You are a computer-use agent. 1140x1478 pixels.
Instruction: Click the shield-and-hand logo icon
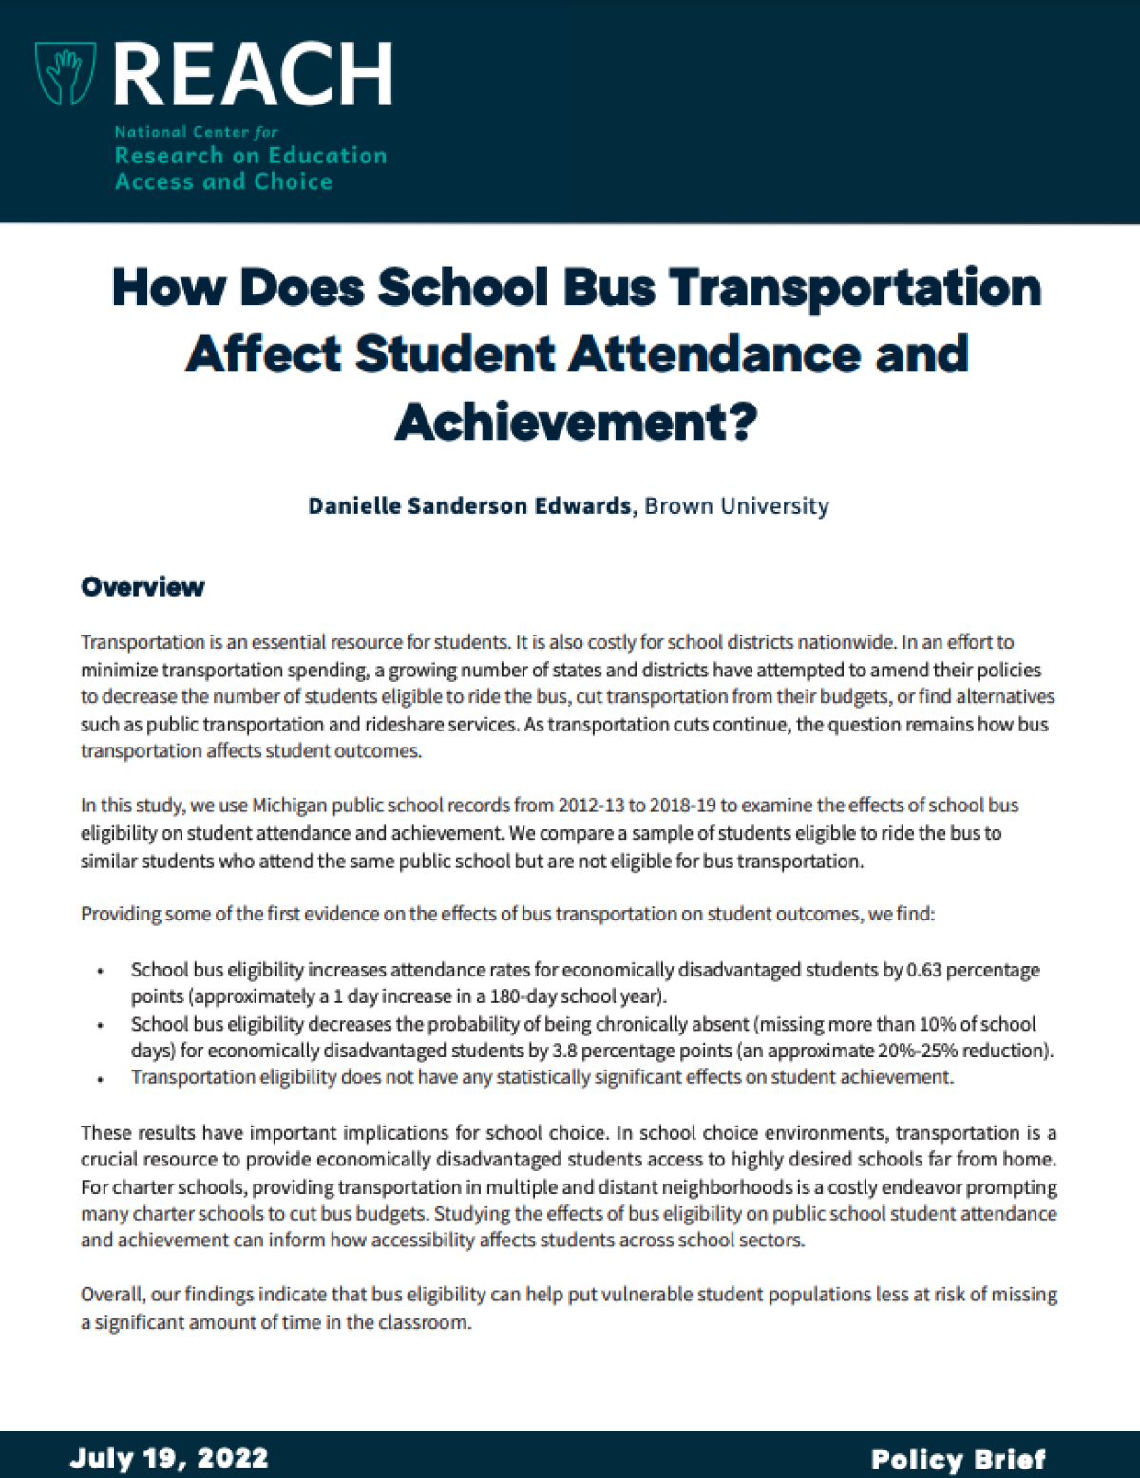pyautogui.click(x=65, y=72)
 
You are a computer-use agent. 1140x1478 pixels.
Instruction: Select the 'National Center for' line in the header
pyautogui.click(x=196, y=132)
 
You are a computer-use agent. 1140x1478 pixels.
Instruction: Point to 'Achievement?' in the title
pyautogui.click(x=576, y=422)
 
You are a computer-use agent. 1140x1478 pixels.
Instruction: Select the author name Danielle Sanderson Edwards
pyautogui.click(x=469, y=506)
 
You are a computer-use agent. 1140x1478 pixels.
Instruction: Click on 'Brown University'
pyautogui.click(x=736, y=506)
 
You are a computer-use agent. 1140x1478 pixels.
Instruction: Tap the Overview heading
pyautogui.click(x=142, y=587)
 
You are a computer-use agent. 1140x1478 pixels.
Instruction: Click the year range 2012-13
pyautogui.click(x=590, y=805)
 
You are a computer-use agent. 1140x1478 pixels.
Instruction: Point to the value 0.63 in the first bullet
pyautogui.click(x=923, y=970)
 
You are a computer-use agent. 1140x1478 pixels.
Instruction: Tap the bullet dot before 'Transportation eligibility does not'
pyautogui.click(x=100, y=1078)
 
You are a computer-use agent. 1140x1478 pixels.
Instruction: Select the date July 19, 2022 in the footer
pyautogui.click(x=169, y=1458)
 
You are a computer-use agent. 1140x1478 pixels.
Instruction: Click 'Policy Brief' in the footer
pyautogui.click(x=958, y=1459)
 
